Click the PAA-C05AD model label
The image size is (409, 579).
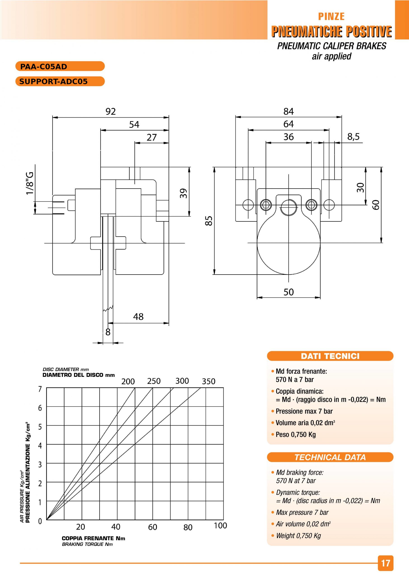[43, 67]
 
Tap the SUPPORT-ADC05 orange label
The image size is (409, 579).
[53, 81]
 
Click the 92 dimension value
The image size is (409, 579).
[110, 112]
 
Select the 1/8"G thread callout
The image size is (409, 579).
[30, 183]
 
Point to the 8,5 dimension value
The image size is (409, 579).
[354, 137]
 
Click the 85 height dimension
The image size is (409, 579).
[209, 221]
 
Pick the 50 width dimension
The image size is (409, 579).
[288, 292]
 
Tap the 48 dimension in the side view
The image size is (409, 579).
[138, 317]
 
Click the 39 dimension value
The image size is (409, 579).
[184, 193]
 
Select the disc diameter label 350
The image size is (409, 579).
[208, 381]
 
